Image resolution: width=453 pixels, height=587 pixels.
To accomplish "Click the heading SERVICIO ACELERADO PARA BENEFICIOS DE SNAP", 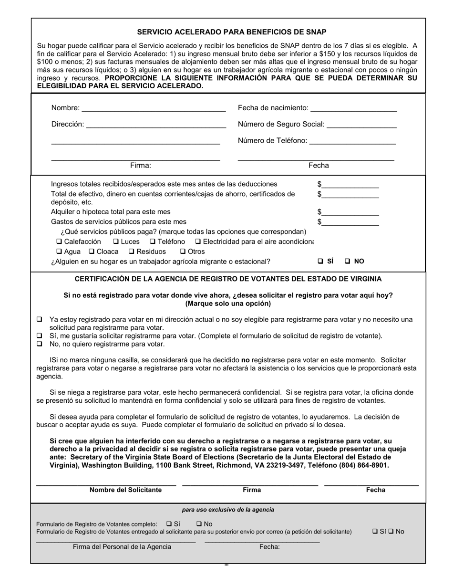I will [232, 32].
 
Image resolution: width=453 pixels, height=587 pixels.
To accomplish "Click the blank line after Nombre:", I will [154, 108].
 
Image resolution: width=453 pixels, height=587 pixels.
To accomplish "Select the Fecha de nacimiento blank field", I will [353, 108].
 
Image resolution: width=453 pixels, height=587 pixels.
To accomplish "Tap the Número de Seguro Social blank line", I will [362, 125].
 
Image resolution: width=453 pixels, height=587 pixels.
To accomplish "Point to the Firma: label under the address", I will [140, 166].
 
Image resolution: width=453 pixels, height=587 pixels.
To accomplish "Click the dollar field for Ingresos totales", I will [350, 185].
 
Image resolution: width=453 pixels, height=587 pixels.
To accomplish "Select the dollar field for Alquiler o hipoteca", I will [350, 212].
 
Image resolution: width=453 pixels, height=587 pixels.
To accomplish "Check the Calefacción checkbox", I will [59, 241].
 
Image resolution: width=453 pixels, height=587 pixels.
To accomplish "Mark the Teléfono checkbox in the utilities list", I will [153, 241].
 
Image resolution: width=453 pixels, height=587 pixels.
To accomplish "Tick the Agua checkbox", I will [59, 252].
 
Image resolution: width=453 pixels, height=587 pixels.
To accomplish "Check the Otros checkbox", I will [183, 252].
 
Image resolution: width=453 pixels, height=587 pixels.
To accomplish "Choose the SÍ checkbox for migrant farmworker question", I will [320, 262].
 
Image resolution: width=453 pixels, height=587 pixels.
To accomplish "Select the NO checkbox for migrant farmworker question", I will [348, 262].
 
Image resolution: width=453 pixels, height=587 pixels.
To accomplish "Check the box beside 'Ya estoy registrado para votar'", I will [40, 319].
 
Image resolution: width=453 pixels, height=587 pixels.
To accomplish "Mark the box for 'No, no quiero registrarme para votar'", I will [40, 344].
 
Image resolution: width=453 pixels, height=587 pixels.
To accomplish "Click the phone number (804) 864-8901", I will [363, 465].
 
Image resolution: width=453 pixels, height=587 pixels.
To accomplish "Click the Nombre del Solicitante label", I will [125, 490].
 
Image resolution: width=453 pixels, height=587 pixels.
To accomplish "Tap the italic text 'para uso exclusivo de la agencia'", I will [228, 510].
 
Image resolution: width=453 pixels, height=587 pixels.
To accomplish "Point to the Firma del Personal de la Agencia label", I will [122, 547].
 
